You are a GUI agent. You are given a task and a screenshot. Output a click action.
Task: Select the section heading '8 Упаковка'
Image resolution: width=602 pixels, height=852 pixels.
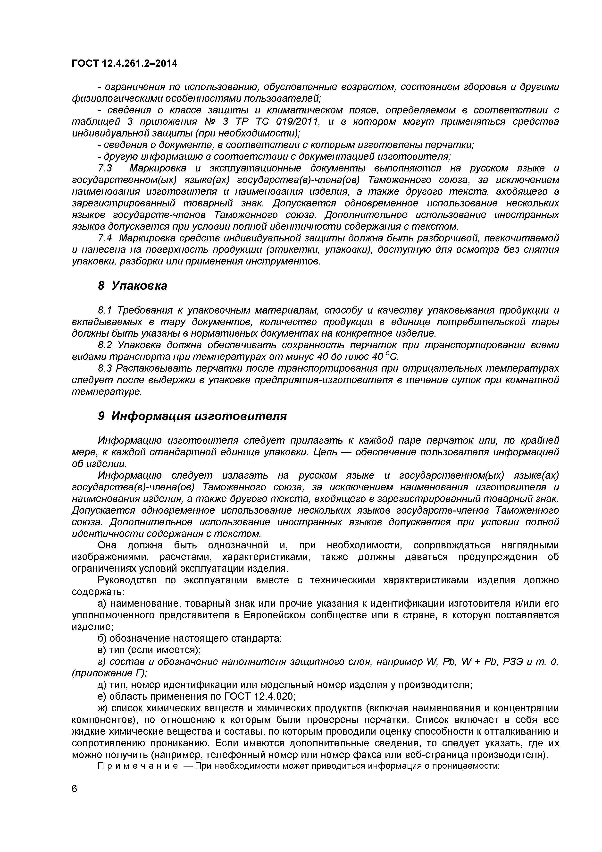click(133, 286)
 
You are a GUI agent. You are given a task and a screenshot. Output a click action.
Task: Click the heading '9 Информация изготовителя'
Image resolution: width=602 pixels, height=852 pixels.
click(192, 416)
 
